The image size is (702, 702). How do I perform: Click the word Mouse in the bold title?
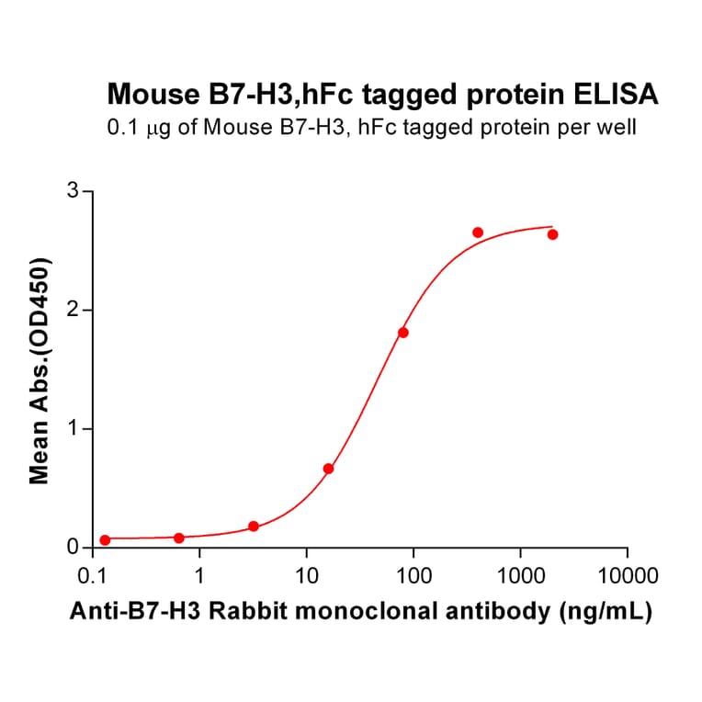[x=142, y=94]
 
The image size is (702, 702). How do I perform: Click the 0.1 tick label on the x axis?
[x=92, y=577]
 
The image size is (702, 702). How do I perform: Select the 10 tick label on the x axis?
[x=307, y=577]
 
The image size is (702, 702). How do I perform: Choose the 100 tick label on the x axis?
[x=413, y=577]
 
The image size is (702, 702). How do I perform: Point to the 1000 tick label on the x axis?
[x=520, y=577]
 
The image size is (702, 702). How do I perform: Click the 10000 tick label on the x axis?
[x=627, y=577]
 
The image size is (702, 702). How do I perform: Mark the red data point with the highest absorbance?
[x=478, y=232]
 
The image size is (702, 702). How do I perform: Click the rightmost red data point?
[x=552, y=234]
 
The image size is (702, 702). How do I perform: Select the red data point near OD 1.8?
[x=402, y=333]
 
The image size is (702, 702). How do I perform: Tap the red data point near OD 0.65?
[x=328, y=469]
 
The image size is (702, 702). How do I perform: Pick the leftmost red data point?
[x=105, y=540]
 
